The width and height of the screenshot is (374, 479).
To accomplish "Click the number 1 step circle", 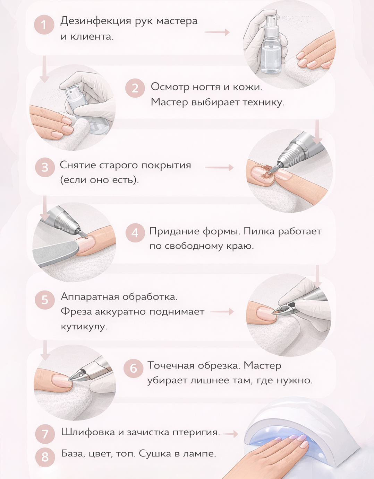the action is click(x=44, y=25).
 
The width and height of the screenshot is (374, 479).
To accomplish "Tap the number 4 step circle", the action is click(x=135, y=232).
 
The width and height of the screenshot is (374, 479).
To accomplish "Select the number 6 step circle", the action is click(x=133, y=368).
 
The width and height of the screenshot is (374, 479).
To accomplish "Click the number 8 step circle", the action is click(x=45, y=457).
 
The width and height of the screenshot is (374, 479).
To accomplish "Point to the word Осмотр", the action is click(x=170, y=87).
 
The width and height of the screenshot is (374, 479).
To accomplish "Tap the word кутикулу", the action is click(x=84, y=327).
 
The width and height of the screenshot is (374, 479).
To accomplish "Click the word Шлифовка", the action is click(x=88, y=432).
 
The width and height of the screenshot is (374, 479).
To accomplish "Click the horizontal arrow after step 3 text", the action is click(x=219, y=168).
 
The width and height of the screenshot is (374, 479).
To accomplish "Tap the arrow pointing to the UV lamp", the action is click(x=230, y=434).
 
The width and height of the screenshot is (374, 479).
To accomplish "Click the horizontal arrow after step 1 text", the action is click(x=217, y=32).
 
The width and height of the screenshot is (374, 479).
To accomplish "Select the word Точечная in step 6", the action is click(x=171, y=365).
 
